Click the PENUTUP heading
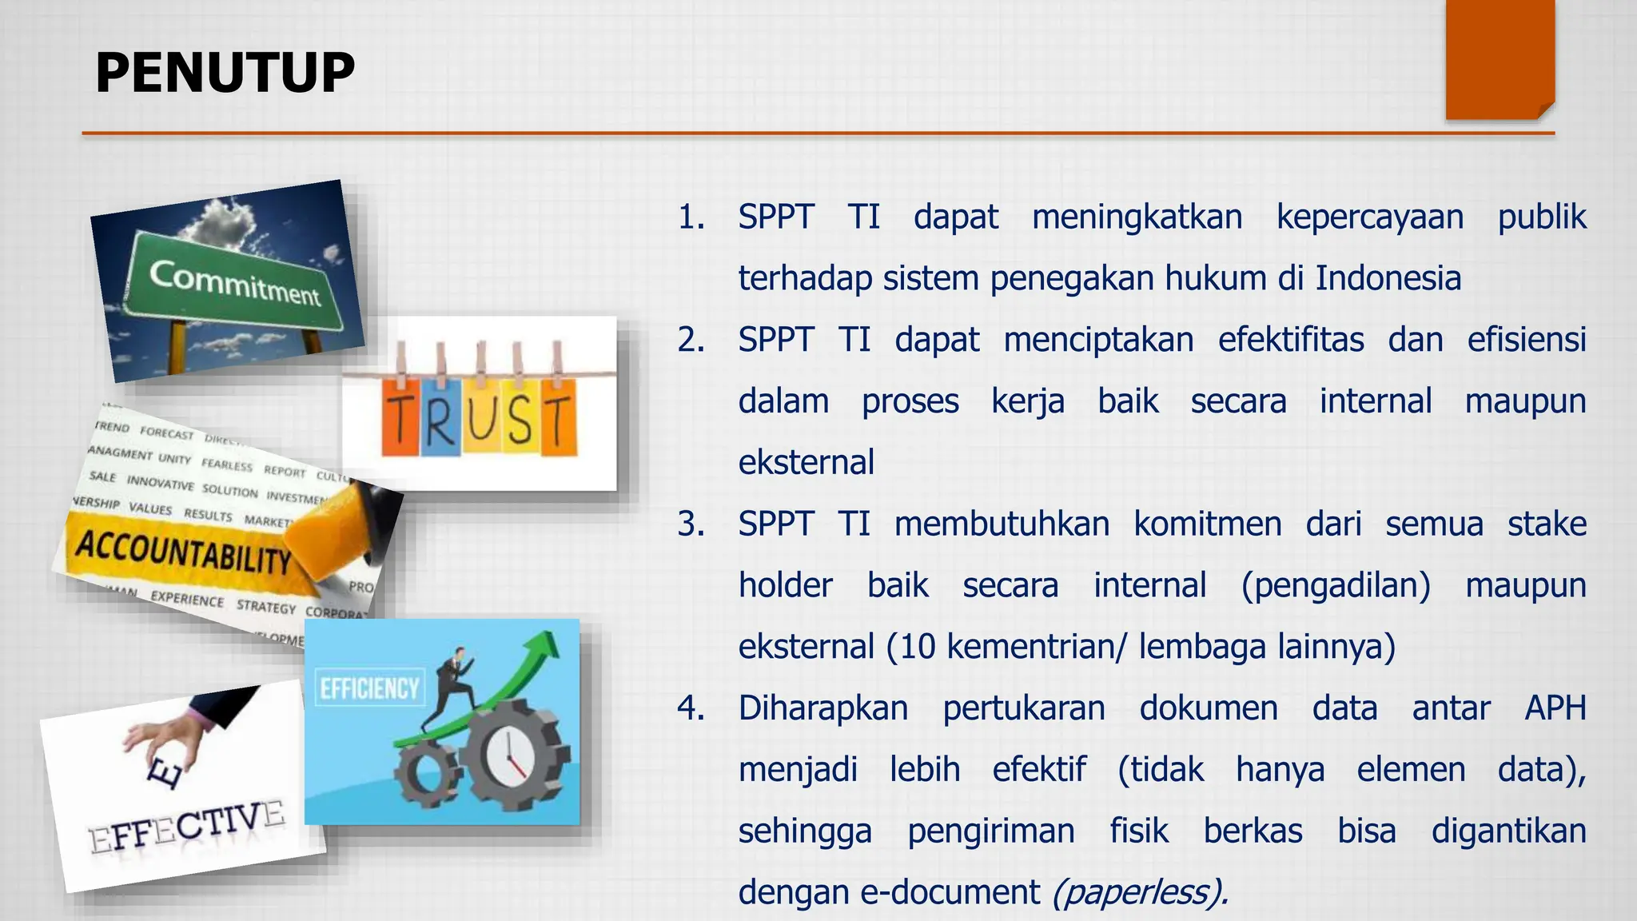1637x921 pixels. coord(225,73)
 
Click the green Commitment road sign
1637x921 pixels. coord(235,284)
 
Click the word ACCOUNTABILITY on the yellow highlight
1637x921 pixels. coord(183,552)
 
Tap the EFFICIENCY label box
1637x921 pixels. coord(369,688)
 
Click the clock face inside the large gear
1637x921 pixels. coord(508,755)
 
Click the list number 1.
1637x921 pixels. coord(691,217)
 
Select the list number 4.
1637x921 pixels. coord(691,708)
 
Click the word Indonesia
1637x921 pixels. coord(1388,278)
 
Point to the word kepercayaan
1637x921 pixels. coord(1370,217)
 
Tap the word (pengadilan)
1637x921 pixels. coord(1336,585)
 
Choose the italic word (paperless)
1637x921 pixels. coord(1140,892)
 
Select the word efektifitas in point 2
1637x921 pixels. coord(1291,340)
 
